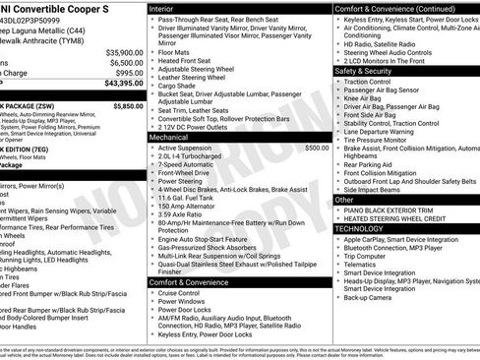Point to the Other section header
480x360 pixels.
(x=345, y=200)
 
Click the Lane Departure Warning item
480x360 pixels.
(x=386, y=131)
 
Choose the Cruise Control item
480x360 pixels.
(x=182, y=293)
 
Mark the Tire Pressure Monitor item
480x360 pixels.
(x=383, y=140)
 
